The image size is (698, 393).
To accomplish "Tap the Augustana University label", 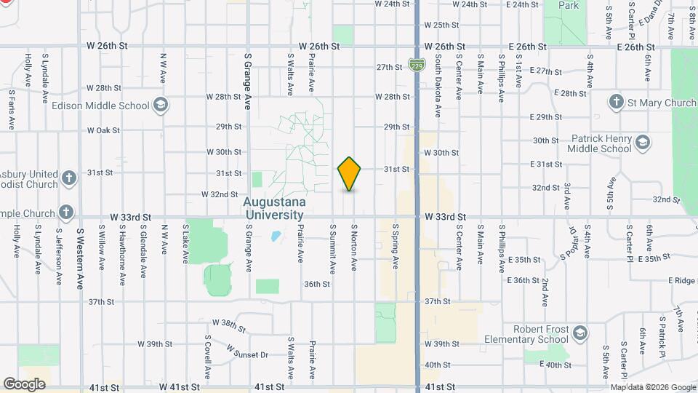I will pyautogui.click(x=274, y=208).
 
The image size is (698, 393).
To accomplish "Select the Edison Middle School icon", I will pyautogui.click(x=161, y=106).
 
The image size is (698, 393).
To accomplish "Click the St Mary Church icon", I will pyautogui.click(x=617, y=103).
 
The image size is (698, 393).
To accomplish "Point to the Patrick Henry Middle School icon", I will pyautogui.click(x=642, y=141).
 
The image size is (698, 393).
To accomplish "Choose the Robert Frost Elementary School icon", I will pyautogui.click(x=579, y=333).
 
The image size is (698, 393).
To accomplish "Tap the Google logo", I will pyautogui.click(x=25, y=384).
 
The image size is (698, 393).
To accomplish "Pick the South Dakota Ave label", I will pyautogui.click(x=438, y=79).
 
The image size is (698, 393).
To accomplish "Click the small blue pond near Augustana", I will pyautogui.click(x=276, y=236).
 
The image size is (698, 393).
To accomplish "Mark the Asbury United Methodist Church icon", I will pyautogui.click(x=68, y=178).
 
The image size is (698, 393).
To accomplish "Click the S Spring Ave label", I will pyautogui.click(x=396, y=246).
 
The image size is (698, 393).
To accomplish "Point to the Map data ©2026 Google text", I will pyautogui.click(x=652, y=387).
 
